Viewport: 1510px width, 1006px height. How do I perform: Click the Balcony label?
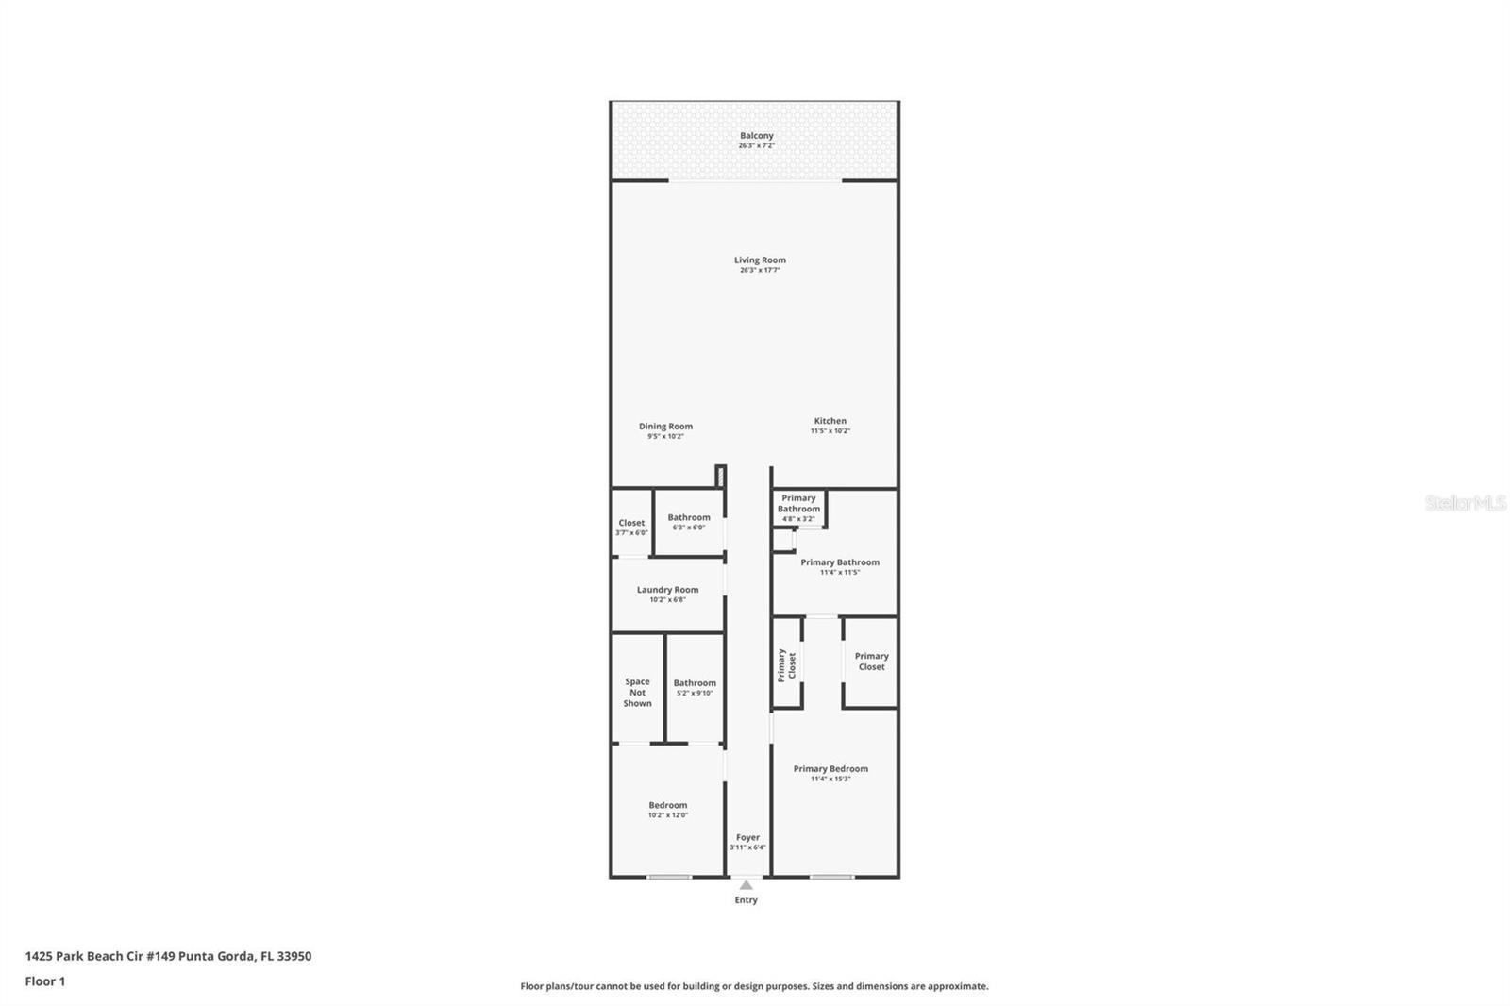pyautogui.click(x=756, y=136)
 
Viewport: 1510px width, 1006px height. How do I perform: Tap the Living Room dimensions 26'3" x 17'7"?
pyautogui.click(x=760, y=271)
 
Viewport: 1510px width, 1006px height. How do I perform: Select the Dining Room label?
pyautogui.click(x=665, y=427)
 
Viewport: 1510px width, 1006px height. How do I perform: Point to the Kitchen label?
pyautogui.click(x=830, y=421)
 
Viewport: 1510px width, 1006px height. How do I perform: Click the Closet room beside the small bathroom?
pyautogui.click(x=631, y=525)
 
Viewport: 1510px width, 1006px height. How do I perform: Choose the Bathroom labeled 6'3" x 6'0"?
pyautogui.click(x=689, y=521)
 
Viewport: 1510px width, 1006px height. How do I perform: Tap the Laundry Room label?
pyautogui.click(x=667, y=590)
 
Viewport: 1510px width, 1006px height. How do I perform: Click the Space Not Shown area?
pyautogui.click(x=637, y=692)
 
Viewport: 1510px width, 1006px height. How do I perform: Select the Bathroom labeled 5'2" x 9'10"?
pyautogui.click(x=695, y=686)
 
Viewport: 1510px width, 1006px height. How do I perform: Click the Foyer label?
pyautogui.click(x=747, y=838)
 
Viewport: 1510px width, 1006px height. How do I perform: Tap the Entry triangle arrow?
pyautogui.click(x=746, y=885)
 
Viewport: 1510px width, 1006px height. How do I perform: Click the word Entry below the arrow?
pyautogui.click(x=746, y=900)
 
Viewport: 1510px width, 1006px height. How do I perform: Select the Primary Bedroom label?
pyautogui.click(x=830, y=769)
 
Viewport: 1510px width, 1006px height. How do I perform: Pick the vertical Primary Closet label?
pyautogui.click(x=786, y=664)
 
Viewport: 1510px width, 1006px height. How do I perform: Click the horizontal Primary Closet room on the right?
pyautogui.click(x=871, y=662)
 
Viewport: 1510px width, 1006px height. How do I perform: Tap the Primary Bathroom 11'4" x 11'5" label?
pyautogui.click(x=840, y=565)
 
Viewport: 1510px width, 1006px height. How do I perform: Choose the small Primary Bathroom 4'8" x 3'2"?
pyautogui.click(x=798, y=507)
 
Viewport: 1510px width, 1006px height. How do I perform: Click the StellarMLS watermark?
pyautogui.click(x=1465, y=504)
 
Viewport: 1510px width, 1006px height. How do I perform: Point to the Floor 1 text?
pyautogui.click(x=45, y=981)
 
